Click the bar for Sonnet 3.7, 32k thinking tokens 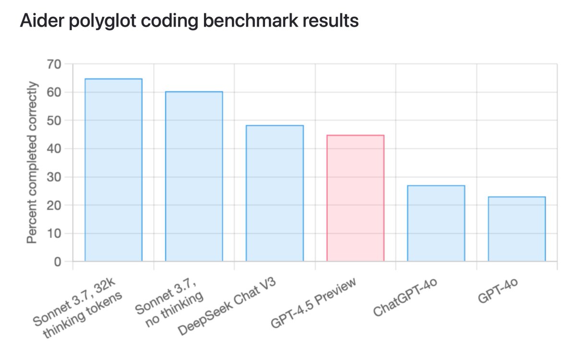pyautogui.click(x=113, y=170)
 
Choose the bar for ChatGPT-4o pyautogui.click(x=436, y=223)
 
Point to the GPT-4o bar pyautogui.click(x=516, y=229)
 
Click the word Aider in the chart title pyautogui.click(x=37, y=22)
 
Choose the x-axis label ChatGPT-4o pyautogui.click(x=406, y=299)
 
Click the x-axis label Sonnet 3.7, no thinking pyautogui.click(x=168, y=301)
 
